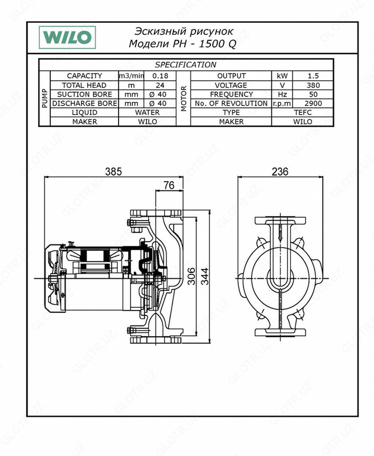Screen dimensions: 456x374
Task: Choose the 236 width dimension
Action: point(279,171)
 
